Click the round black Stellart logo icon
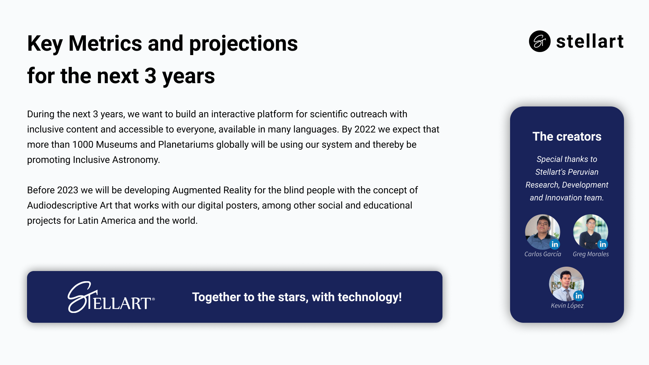coord(539,41)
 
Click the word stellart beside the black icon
coord(590,42)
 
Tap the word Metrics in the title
coord(105,44)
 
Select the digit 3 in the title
coord(150,76)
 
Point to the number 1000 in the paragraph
coord(83,145)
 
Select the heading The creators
coord(567,137)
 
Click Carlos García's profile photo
coord(542,232)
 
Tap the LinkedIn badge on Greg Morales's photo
coord(603,244)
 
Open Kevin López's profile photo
coord(566,284)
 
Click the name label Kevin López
coord(567,306)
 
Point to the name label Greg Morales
coord(591,254)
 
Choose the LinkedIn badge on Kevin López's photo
coord(579,296)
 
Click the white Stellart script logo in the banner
coord(111,297)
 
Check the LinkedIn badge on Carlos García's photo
coord(555,244)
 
